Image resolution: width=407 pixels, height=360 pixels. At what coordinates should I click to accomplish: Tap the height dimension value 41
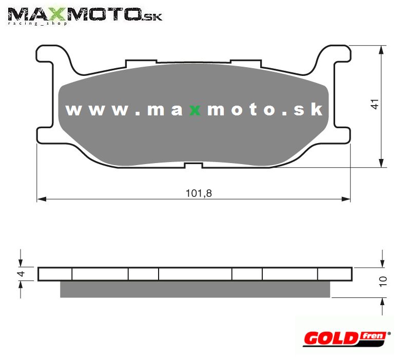pyautogui.click(x=376, y=104)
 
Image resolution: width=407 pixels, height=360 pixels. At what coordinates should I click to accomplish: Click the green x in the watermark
pyautogui.click(x=195, y=110)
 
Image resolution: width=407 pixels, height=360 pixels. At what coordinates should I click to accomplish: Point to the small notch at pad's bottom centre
pyautogui.click(x=193, y=165)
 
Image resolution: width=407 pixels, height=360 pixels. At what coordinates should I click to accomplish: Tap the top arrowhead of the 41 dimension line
pyautogui.click(x=382, y=49)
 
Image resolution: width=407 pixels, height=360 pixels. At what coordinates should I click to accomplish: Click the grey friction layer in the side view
pyautogui.click(x=195, y=289)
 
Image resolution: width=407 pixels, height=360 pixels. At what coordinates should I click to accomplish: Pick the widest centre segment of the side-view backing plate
pyautogui.click(x=195, y=274)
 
